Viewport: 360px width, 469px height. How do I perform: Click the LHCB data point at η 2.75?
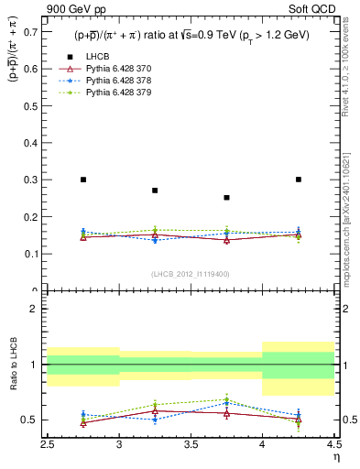click(x=83, y=180)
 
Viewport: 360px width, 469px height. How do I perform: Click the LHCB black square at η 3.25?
click(x=155, y=191)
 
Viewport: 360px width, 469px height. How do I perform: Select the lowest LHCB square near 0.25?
click(x=226, y=197)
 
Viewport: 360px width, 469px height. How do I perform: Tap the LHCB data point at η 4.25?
click(x=298, y=180)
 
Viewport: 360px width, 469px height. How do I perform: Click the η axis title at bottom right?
click(x=335, y=457)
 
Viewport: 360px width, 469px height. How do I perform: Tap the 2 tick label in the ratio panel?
click(x=34, y=309)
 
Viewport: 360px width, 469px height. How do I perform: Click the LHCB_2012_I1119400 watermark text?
click(x=190, y=274)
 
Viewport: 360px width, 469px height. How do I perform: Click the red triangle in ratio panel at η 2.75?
click(x=83, y=423)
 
